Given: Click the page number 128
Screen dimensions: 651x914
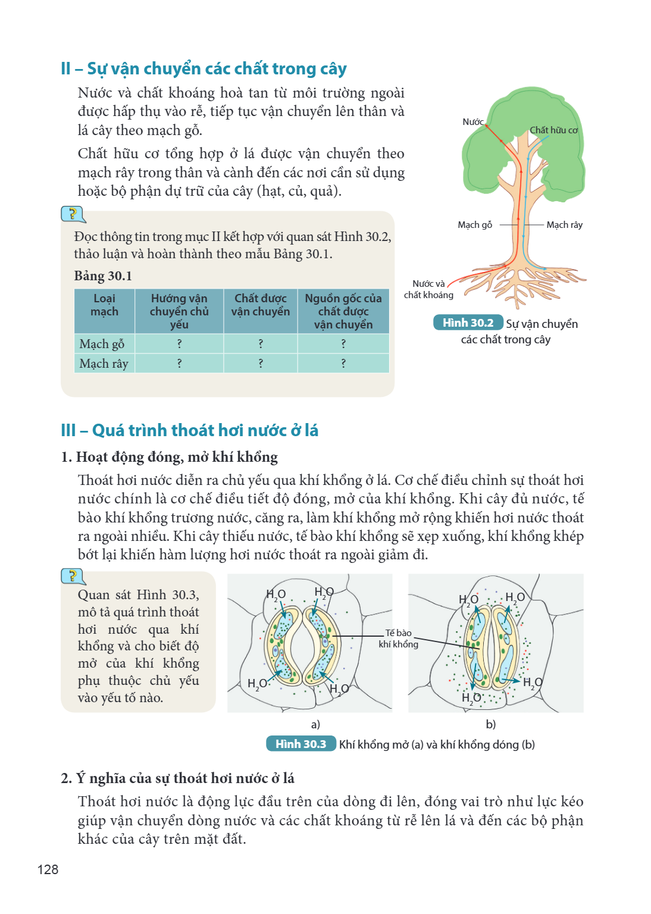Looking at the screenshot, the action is click(x=48, y=869).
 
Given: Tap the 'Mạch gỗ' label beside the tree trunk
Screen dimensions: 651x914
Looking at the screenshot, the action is click(x=475, y=225).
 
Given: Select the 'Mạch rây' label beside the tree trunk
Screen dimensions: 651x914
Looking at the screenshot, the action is click(x=565, y=225).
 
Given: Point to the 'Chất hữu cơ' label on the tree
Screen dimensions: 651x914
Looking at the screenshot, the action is click(x=553, y=130).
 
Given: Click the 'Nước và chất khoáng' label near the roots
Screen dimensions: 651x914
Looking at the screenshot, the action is click(x=428, y=289).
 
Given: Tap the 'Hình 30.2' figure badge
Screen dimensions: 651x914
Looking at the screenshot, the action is click(x=468, y=323).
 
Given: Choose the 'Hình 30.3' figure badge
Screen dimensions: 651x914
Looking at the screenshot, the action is click(x=301, y=744).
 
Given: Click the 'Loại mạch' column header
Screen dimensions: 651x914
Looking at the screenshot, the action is click(x=105, y=305).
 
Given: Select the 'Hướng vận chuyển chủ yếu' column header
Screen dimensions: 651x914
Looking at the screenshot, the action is click(x=179, y=311).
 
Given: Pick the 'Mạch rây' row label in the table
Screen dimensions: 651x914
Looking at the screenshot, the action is click(x=104, y=363).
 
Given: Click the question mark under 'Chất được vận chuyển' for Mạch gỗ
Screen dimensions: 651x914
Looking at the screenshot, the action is click(x=261, y=343).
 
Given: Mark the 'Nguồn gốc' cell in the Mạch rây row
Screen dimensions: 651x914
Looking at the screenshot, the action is click(x=343, y=363).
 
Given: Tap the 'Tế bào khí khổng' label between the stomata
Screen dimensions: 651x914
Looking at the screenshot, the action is click(x=398, y=638).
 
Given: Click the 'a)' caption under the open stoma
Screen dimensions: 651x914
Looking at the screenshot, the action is click(x=315, y=724).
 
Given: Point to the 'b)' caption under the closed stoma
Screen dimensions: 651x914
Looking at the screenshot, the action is click(x=490, y=724).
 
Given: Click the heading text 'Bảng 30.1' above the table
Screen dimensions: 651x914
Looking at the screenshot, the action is click(x=103, y=276).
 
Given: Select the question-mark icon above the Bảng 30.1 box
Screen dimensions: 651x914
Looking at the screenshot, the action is click(x=73, y=214).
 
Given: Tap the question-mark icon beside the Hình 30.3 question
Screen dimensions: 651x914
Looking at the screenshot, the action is click(x=73, y=576).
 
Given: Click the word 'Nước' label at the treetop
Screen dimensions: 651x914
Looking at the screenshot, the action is click(x=473, y=121).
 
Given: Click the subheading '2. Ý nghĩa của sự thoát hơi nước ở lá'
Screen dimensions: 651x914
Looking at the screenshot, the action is click(x=177, y=778).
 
